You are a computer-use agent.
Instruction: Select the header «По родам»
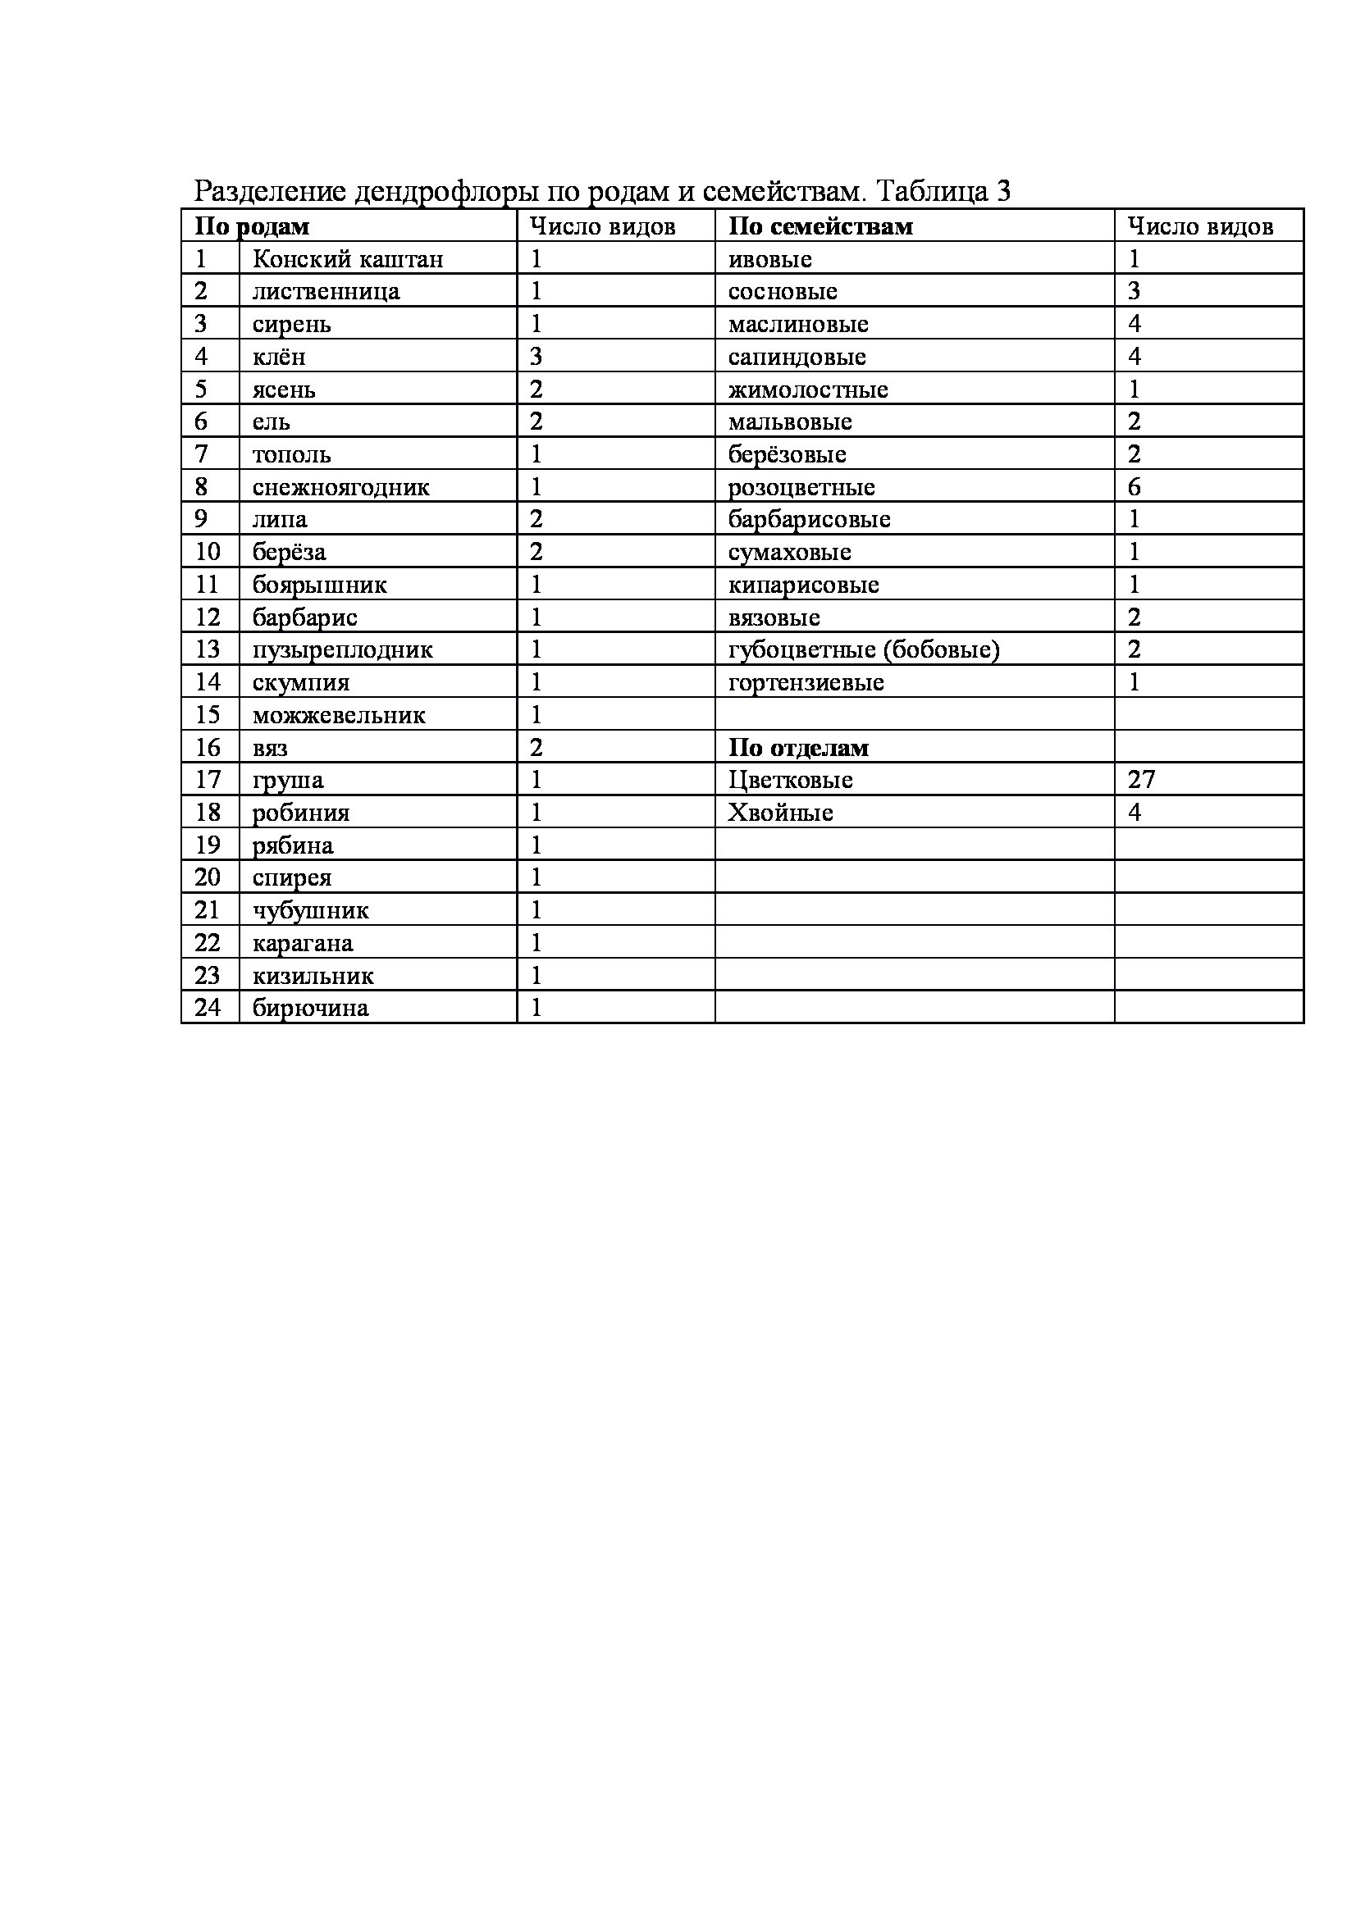[252, 226]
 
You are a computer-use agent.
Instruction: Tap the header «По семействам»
[820, 226]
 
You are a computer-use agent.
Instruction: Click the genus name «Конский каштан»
[348, 259]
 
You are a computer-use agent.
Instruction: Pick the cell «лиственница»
[326, 292]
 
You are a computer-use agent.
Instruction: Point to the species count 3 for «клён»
[536, 357]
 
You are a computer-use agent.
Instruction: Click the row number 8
[201, 486]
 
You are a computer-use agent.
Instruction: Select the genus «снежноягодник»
[341, 487]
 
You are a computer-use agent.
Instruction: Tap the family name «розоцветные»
[801, 487]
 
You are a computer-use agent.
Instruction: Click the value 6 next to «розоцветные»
[1134, 487]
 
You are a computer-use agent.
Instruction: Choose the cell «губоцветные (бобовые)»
[864, 649]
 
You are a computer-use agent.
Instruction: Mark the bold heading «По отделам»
[798, 748]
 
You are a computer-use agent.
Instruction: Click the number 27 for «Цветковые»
[1140, 779]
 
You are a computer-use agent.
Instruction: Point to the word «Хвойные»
[780, 813]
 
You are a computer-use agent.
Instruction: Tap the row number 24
[208, 1008]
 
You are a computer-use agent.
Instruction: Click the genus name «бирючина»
[310, 1009]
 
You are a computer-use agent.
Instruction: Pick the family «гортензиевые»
[806, 682]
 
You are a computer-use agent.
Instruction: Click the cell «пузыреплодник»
[343, 650]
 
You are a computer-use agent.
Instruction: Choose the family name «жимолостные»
[808, 390]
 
